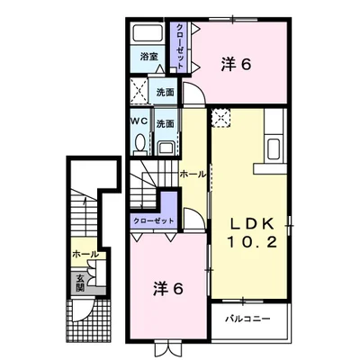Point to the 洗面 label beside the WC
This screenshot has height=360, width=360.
[x=166, y=123]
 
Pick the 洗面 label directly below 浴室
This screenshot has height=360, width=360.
[x=166, y=92]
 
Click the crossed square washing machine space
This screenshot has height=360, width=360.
[x=139, y=91]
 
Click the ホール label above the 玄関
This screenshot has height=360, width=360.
[x=85, y=255]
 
